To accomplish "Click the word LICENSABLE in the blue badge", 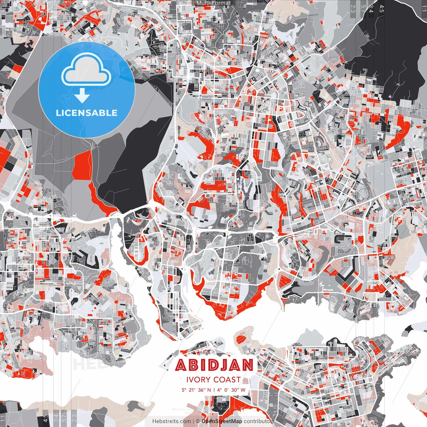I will click(87, 113).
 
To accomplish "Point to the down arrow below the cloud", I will click(82, 96).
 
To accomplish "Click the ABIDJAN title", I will click(214, 365).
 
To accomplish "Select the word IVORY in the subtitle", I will click(198, 380).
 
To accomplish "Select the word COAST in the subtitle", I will click(227, 380).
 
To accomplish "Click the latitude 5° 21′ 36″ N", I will click(196, 390).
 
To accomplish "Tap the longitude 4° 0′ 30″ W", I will click(231, 390).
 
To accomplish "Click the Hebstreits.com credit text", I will click(172, 421).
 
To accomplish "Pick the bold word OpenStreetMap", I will click(222, 421).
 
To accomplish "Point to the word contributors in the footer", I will click(259, 421).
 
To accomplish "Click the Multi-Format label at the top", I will click(213, 3).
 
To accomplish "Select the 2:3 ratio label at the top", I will click(353, 8).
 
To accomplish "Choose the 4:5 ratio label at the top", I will click(382, 8).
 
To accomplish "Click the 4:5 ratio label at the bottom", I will click(45, 418).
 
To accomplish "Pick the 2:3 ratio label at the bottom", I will click(74, 418).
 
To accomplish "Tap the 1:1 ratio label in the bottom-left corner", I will click(3, 418).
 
